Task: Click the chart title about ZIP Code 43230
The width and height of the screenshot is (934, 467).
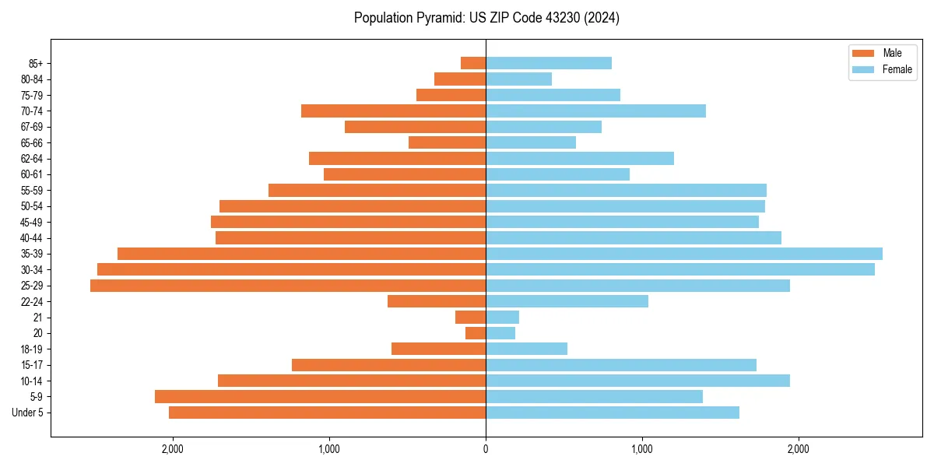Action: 486,18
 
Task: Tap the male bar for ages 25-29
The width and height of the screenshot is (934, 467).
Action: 288,286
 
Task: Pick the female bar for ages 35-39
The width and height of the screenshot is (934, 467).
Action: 684,254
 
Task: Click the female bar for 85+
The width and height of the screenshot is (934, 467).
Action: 549,63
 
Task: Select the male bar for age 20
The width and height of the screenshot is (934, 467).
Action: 476,333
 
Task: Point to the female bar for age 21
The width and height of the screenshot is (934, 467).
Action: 502,318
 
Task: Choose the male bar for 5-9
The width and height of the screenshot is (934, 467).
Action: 320,397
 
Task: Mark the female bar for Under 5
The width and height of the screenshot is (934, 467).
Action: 613,413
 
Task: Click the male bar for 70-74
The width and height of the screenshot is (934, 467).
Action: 393,111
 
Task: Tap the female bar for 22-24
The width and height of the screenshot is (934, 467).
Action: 567,301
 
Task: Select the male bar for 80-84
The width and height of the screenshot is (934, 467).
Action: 460,79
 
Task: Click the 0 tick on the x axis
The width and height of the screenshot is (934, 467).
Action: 486,449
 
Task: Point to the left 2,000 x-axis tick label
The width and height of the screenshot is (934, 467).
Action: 172,449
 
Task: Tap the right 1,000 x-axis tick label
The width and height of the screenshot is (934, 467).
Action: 642,449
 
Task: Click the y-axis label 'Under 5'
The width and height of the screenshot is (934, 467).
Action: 28,413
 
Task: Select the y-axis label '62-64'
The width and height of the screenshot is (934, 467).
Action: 31,159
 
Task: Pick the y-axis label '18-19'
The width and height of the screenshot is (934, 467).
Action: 31,349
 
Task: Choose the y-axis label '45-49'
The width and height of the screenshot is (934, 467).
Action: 31,223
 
